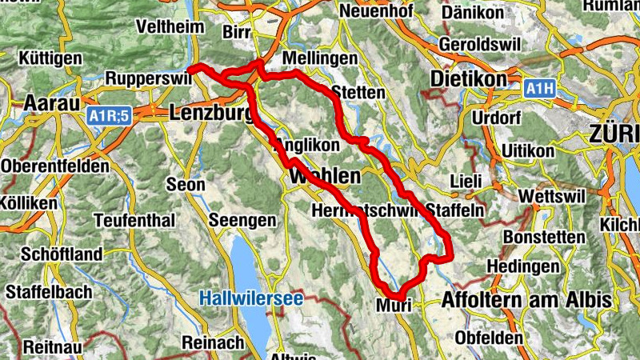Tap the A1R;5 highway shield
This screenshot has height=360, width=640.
109,117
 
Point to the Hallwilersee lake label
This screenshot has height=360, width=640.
250,298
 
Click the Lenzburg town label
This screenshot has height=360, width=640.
210,114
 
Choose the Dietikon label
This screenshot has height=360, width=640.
468,80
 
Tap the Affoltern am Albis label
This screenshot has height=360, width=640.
526,300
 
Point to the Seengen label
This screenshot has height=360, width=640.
242,220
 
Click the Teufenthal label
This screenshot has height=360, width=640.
134,220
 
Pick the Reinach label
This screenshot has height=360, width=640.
213,342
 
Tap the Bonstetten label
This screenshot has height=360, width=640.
540,238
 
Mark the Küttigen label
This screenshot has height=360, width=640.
53,59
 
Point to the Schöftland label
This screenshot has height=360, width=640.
51,254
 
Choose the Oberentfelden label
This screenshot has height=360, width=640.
55,166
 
